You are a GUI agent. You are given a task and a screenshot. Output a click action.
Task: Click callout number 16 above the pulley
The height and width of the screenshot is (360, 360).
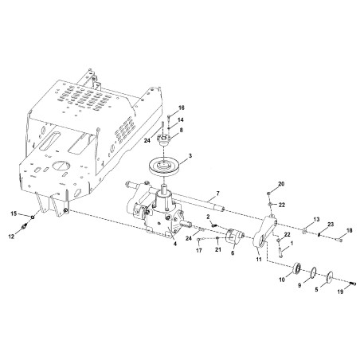182,108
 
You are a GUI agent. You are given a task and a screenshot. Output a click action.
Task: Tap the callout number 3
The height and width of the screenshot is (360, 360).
190,156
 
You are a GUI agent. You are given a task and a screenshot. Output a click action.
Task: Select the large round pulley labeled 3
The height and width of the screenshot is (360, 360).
164,170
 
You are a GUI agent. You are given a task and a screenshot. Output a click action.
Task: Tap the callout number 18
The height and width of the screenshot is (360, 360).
348,230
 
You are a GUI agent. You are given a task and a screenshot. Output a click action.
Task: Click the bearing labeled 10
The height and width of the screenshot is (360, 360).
299,268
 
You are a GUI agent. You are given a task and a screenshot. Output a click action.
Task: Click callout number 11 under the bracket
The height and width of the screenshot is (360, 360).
257,260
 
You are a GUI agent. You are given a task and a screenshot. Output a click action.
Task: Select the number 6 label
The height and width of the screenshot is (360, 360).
232,254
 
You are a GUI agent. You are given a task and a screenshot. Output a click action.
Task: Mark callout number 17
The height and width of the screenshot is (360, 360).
198,251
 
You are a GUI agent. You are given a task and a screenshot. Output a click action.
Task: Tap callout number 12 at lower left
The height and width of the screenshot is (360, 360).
10,237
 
